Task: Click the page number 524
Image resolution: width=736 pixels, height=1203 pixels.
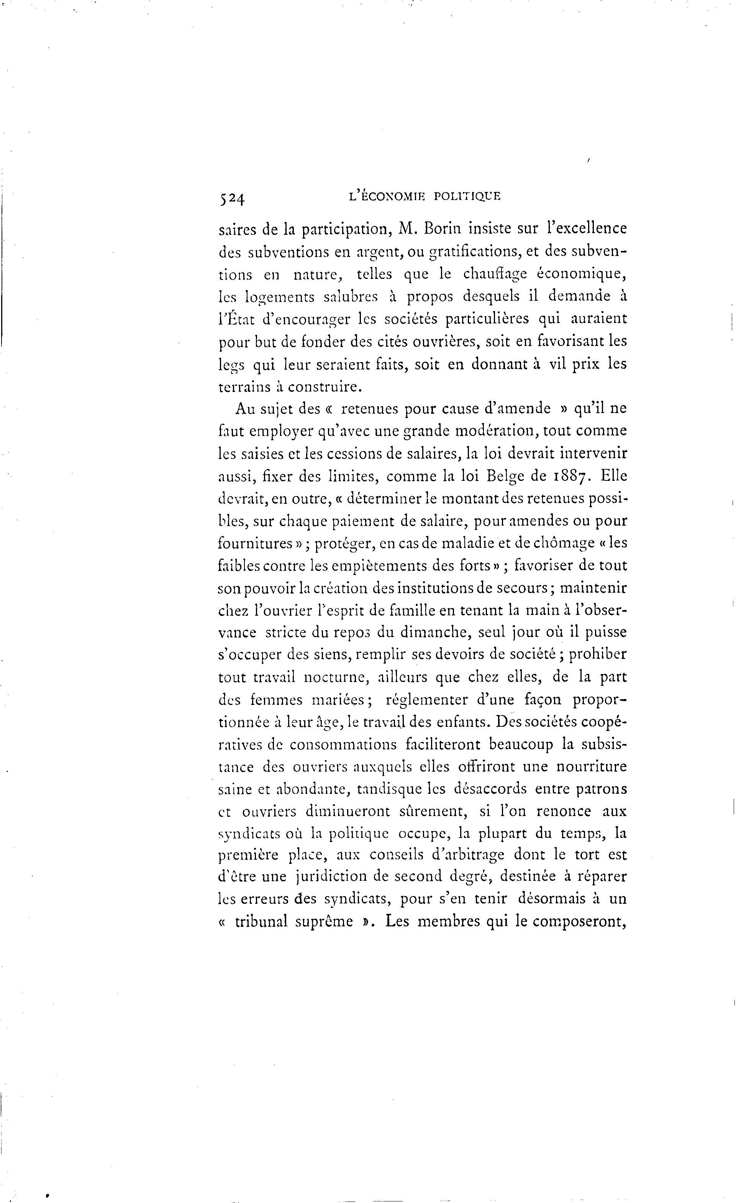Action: point(231,198)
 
